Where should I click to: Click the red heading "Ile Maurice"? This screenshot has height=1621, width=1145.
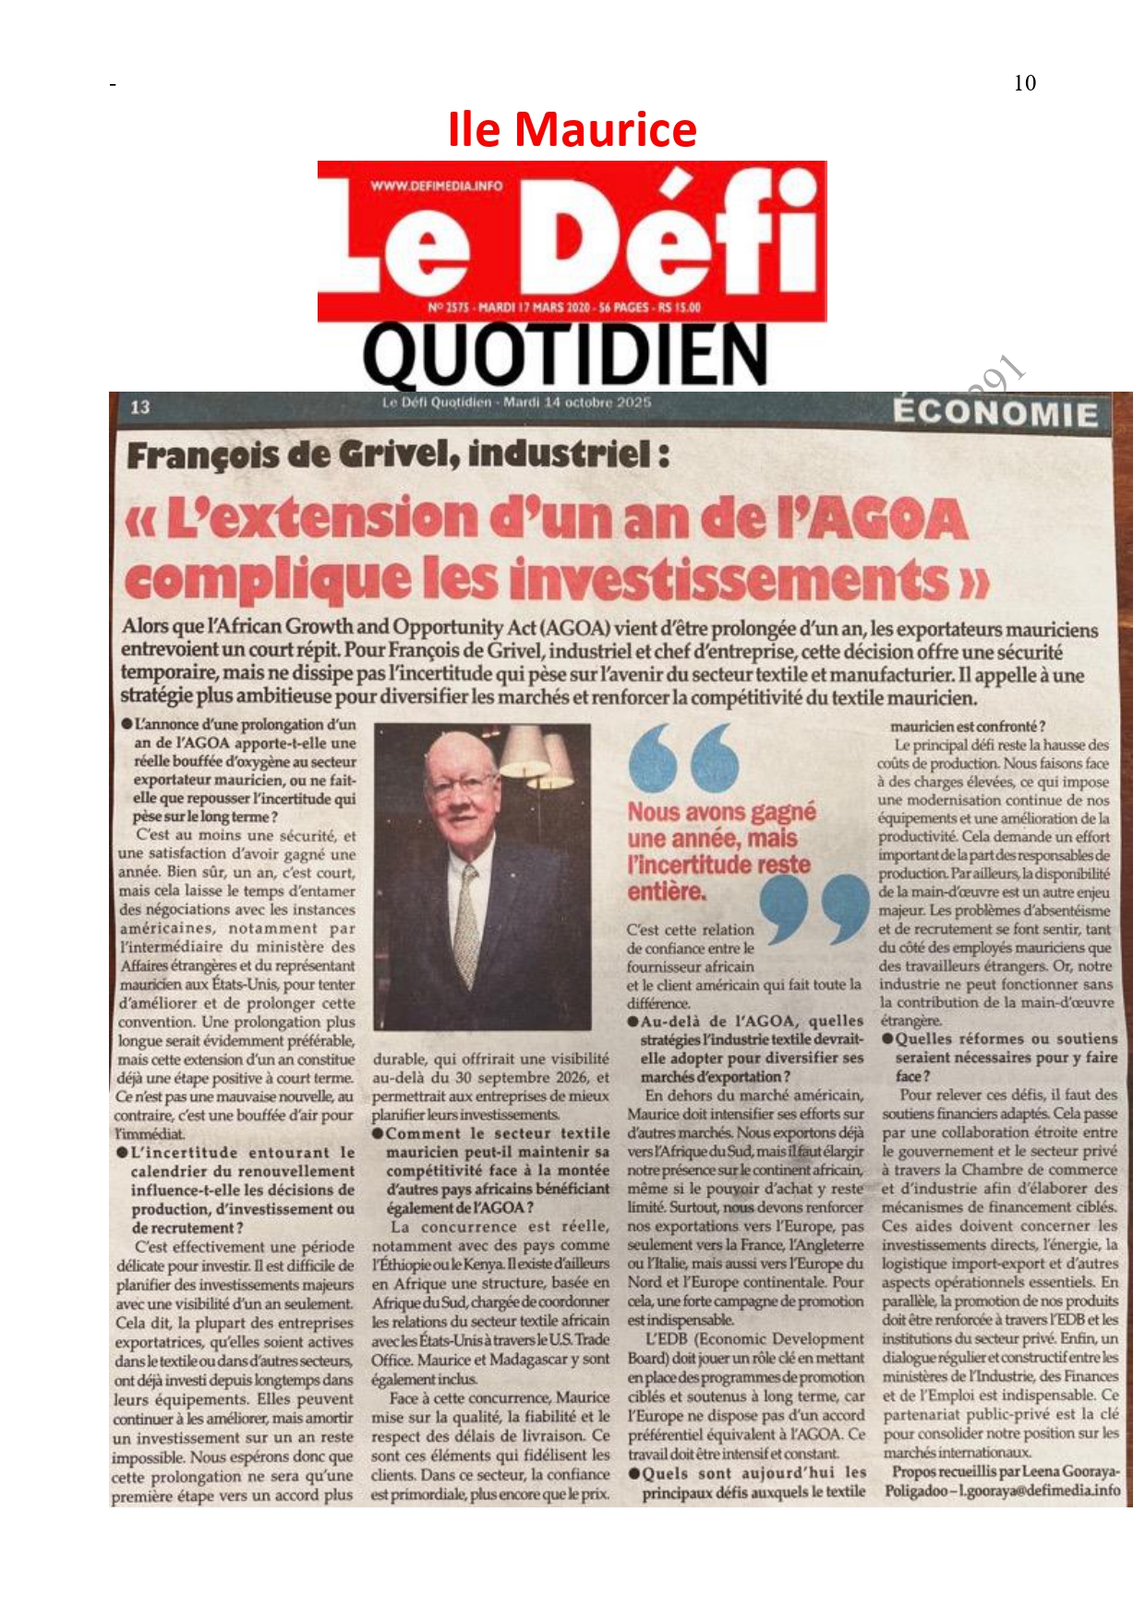tap(572, 129)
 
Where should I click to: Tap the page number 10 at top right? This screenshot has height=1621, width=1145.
tap(1024, 83)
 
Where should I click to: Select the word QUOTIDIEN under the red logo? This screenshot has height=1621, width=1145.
tap(565, 356)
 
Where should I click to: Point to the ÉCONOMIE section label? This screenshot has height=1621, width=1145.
tap(995, 413)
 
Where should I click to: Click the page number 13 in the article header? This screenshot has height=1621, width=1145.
tap(140, 406)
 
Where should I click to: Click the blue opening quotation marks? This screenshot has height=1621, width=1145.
tap(683, 757)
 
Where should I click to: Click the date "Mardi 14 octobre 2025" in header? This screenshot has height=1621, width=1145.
tap(577, 403)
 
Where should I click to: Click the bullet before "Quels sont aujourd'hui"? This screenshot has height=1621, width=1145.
tap(634, 1472)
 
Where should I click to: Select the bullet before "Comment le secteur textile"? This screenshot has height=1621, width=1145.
tap(379, 1133)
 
